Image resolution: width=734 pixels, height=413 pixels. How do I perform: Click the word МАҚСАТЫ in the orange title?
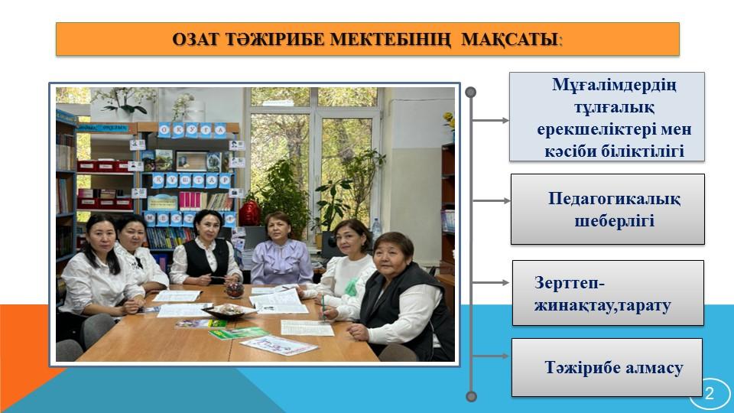[x=511, y=39]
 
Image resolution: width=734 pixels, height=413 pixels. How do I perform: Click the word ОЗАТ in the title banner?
[x=196, y=39]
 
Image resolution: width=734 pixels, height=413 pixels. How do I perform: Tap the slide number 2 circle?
[x=710, y=393]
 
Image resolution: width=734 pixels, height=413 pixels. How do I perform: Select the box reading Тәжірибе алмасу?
[x=607, y=368]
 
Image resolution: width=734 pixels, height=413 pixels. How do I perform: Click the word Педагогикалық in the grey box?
[x=614, y=199]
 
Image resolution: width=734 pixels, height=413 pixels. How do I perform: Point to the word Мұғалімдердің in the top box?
[x=614, y=85]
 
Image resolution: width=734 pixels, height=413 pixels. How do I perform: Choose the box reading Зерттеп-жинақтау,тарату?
[x=608, y=293]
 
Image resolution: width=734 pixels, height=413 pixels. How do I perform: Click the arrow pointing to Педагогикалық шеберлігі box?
[x=491, y=201]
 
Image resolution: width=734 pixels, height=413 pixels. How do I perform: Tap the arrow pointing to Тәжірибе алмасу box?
[x=491, y=356]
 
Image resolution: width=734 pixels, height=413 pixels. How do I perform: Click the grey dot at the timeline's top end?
[x=472, y=92]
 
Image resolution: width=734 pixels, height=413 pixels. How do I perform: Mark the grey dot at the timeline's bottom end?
[x=472, y=397]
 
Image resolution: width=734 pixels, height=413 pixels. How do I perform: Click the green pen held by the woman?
[x=323, y=307]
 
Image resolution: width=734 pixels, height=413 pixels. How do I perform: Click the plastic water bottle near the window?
[x=376, y=230]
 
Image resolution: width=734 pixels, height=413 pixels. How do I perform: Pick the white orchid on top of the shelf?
[x=124, y=101]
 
